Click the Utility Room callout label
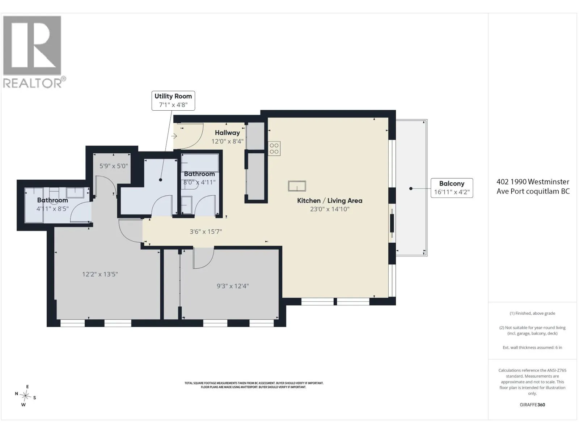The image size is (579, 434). (173, 101)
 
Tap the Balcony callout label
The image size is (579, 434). (452, 188)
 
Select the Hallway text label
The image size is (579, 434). (227, 132)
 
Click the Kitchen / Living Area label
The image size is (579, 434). (329, 200)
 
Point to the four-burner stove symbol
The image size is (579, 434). (274, 148)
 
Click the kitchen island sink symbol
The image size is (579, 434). (297, 186)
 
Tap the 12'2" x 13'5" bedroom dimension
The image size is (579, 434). (100, 274)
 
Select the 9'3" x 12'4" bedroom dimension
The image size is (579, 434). (233, 286)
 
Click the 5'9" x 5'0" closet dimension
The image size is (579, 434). (113, 166)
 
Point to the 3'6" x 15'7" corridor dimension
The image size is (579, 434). (206, 231)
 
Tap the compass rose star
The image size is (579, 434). (26, 395)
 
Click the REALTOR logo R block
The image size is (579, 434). (32, 45)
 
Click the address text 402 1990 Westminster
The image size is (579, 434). (533, 182)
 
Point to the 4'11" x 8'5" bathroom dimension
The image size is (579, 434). (52, 209)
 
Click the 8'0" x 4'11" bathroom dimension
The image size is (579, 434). (199, 182)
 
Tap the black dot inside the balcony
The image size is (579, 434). (411, 188)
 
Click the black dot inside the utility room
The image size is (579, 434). (160, 180)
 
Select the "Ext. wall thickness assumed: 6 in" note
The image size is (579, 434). (532, 347)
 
